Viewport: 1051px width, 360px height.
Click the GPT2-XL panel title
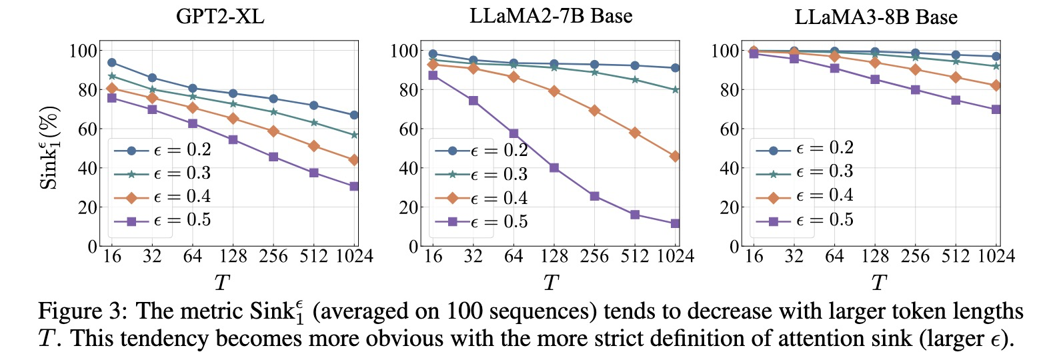click(x=220, y=17)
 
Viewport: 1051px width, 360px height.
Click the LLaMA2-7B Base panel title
click(x=551, y=16)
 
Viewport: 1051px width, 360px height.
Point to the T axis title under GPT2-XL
click(x=222, y=283)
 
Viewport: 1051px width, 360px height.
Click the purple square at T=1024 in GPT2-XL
click(x=355, y=186)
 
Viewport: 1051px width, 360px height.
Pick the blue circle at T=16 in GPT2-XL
click(x=112, y=63)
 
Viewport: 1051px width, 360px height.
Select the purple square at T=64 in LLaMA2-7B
click(x=513, y=134)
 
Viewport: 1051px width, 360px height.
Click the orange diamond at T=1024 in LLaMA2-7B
click(x=676, y=156)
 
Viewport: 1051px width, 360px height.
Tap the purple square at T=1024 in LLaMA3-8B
click(x=996, y=109)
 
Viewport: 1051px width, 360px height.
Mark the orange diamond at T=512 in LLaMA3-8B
click(x=956, y=77)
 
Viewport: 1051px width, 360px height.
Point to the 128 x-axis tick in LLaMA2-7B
click(x=554, y=256)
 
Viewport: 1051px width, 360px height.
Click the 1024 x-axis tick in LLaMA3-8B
click(x=996, y=256)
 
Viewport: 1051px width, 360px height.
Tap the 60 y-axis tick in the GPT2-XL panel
click(x=87, y=129)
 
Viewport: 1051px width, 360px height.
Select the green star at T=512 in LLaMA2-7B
click(x=635, y=80)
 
